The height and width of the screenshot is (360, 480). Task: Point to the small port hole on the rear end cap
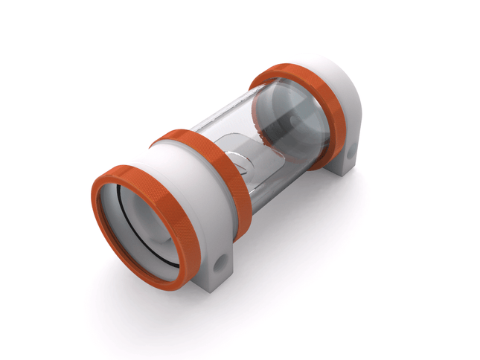pos(350,156)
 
